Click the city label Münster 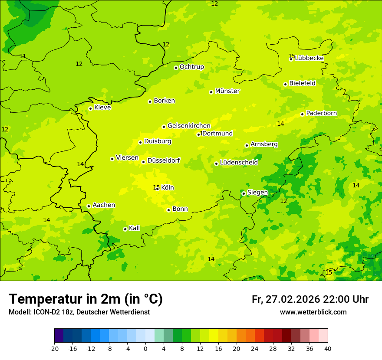click(227, 91)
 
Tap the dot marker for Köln click(158, 188)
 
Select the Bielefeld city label click(302, 83)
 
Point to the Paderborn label click(321, 113)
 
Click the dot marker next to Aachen click(89, 206)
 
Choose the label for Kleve click(102, 108)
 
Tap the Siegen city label click(257, 193)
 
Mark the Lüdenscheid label click(239, 163)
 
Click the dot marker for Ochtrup click(176, 68)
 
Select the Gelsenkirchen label click(189, 126)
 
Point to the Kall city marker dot click(125, 229)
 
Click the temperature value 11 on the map click(23, 56)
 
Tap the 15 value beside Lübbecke click(292, 56)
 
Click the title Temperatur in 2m click(86, 299)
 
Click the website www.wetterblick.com click(313, 312)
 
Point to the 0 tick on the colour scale click(145, 348)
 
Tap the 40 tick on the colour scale click(327, 348)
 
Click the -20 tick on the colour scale click(54, 348)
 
